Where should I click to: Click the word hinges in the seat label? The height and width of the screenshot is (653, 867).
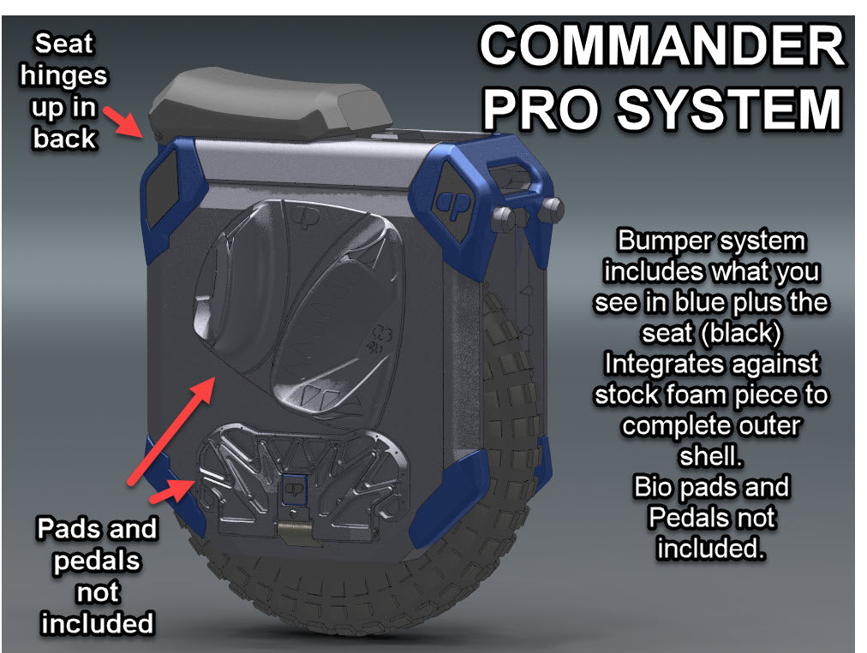click(64, 75)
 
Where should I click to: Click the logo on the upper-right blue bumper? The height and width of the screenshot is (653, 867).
click(451, 202)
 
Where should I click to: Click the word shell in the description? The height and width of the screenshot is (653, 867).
click(711, 456)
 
